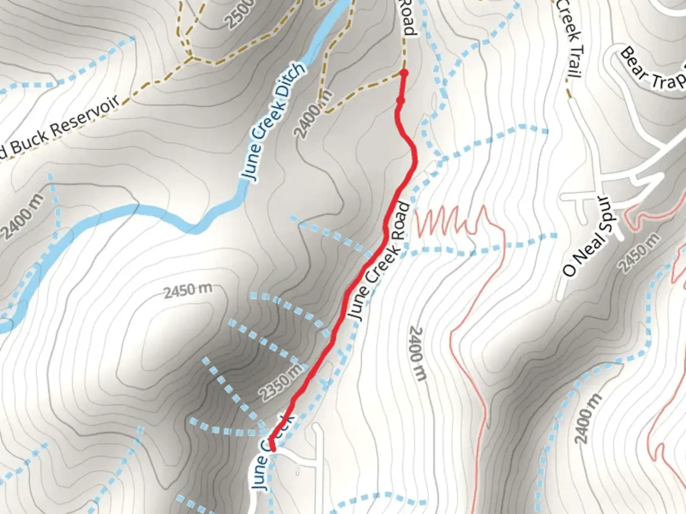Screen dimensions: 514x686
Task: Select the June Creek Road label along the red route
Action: click(x=379, y=262)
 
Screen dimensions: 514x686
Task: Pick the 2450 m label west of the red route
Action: click(x=188, y=291)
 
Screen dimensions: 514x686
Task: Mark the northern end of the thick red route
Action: click(x=404, y=73)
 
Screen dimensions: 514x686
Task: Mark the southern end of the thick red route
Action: click(x=272, y=448)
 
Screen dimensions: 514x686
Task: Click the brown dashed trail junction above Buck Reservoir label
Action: click(x=191, y=59)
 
